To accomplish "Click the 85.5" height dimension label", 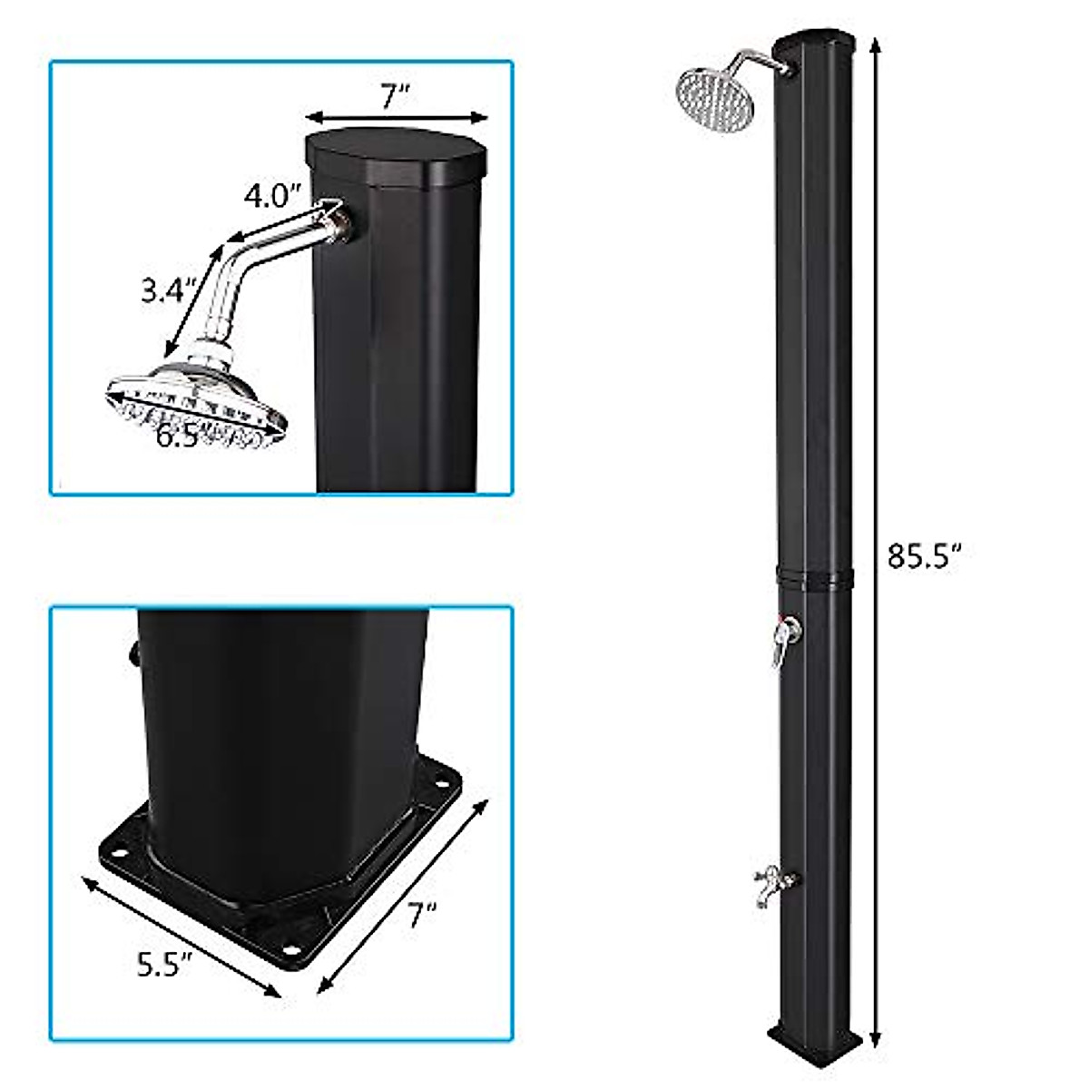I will point(923,555).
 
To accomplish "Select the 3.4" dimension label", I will point(169,291).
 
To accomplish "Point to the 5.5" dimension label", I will point(165,966).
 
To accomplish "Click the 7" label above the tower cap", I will point(396,94).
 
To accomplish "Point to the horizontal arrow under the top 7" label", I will point(396,116).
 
